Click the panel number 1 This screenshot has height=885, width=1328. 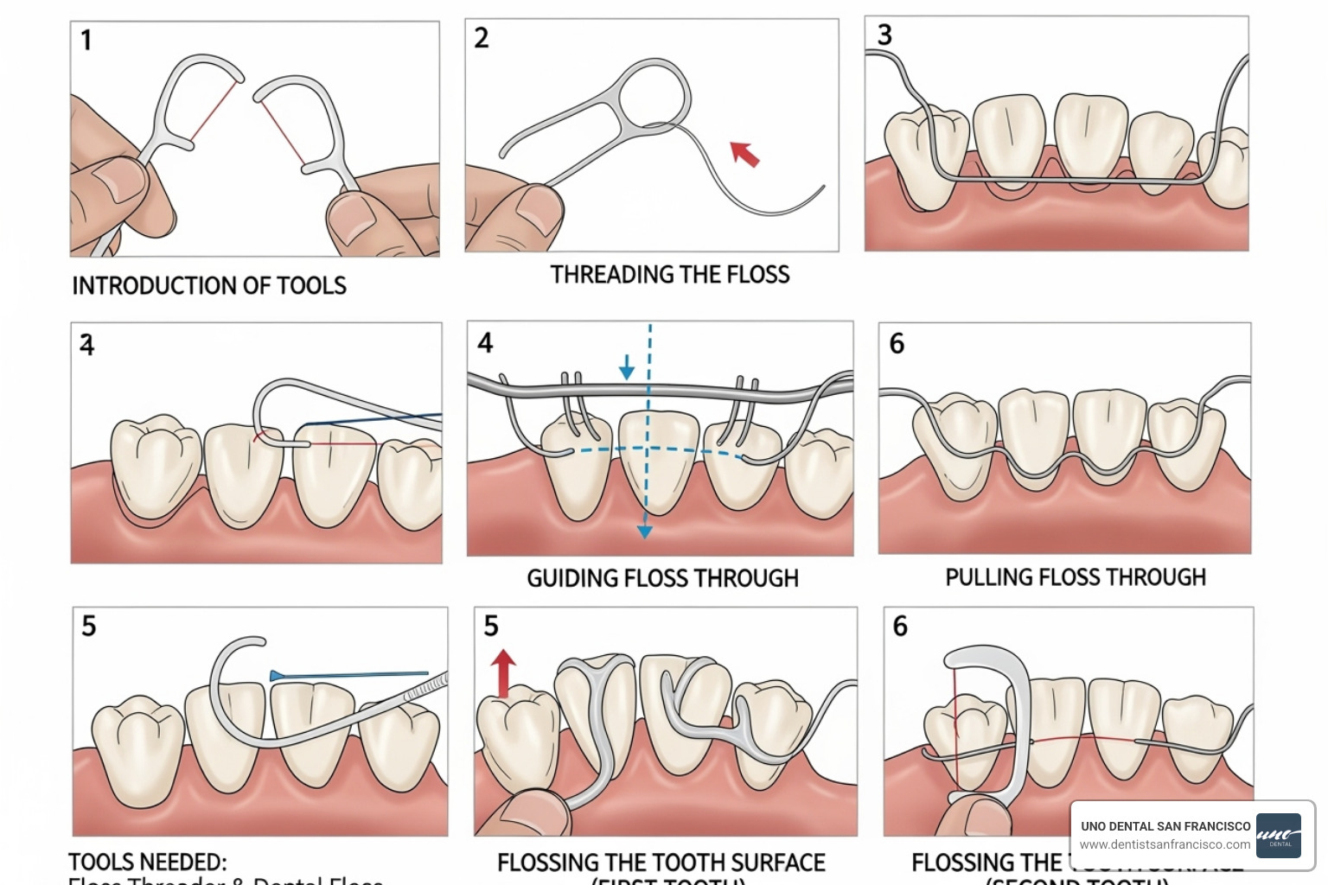(x=86, y=41)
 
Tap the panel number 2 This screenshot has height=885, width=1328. (x=482, y=38)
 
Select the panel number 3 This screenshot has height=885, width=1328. (x=884, y=35)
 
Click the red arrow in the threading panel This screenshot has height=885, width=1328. (x=744, y=153)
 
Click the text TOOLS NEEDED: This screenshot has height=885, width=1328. (x=148, y=862)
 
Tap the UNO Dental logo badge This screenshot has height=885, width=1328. (x=1278, y=835)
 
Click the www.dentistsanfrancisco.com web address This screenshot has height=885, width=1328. (x=1165, y=844)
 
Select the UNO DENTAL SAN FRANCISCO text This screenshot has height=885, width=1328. (x=1165, y=826)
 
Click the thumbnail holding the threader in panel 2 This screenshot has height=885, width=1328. (x=537, y=206)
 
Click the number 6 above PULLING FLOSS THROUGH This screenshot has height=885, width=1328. (x=897, y=344)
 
